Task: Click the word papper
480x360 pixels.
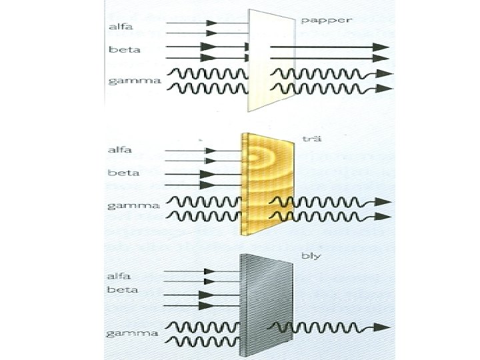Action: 326,20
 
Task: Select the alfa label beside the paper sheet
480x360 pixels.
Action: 122,27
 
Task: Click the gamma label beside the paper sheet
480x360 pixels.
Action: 134,81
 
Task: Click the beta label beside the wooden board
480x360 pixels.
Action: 123,173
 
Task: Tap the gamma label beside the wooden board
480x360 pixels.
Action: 134,205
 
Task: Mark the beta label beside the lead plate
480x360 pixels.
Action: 123,289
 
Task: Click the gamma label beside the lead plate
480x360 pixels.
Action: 134,331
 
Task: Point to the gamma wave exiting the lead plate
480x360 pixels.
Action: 320,327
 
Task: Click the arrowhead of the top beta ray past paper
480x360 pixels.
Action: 381,47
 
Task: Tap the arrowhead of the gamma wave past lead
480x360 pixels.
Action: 383,327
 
